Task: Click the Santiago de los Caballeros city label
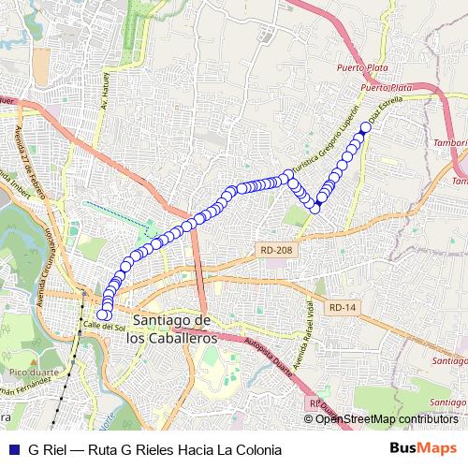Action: click(174, 328)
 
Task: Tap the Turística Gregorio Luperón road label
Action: click(328, 131)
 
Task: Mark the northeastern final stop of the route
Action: click(365, 128)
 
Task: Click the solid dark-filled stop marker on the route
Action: click(320, 199)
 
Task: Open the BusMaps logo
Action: click(423, 448)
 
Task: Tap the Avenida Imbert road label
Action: click(13, 178)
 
